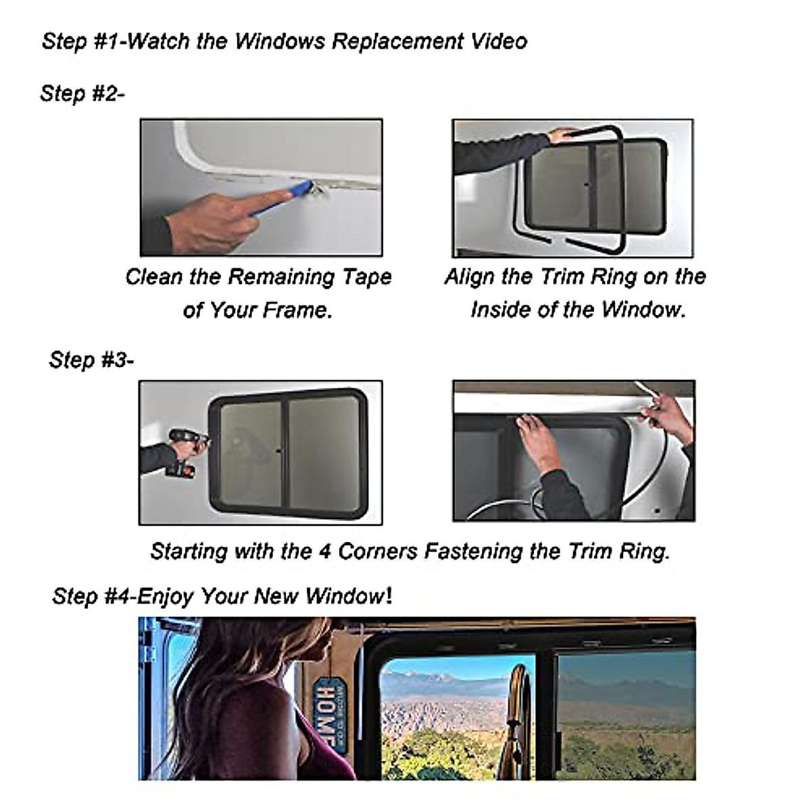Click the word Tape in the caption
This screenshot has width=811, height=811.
[366, 277]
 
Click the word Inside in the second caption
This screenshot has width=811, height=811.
[499, 310]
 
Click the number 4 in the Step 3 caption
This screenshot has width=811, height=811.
[324, 551]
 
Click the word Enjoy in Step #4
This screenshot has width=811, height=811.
[166, 596]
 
